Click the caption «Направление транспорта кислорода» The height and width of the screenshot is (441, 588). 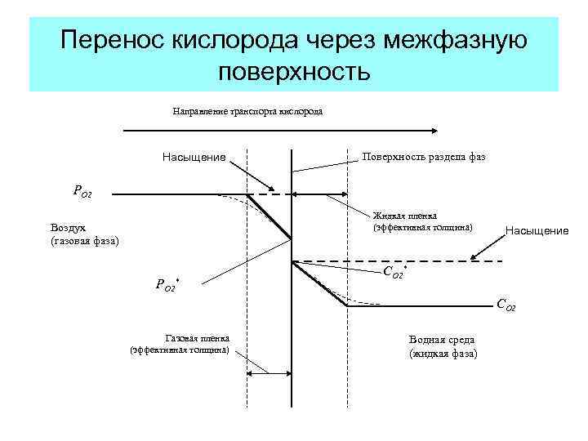tap(247, 111)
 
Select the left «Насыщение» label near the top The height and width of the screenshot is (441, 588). tap(194, 157)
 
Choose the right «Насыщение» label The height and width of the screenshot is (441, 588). tap(537, 231)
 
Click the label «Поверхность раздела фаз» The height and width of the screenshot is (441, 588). tap(424, 156)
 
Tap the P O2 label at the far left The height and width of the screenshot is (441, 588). tap(82, 192)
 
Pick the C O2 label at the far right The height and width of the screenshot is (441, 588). tap(506, 305)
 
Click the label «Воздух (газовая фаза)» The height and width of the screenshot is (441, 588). tap(84, 234)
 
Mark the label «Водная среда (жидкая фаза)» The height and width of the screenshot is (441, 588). tap(443, 347)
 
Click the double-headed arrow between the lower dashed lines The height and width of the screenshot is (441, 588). tap(269, 374)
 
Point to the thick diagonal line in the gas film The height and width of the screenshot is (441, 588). tap(269, 216)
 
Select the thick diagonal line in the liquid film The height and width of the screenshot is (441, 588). tap(320, 284)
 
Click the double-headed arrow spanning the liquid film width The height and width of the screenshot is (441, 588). tap(319, 194)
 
